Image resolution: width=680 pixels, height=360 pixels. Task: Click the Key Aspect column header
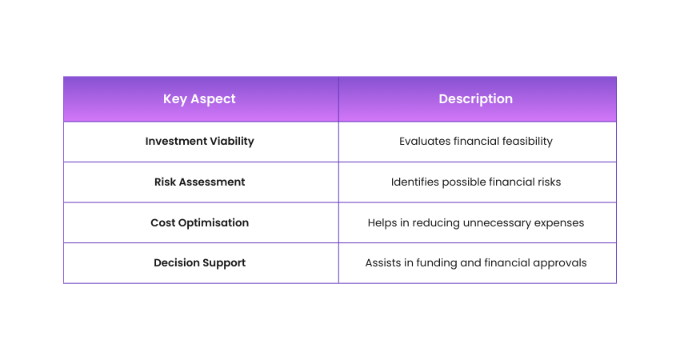199,99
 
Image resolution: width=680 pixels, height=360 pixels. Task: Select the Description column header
476,99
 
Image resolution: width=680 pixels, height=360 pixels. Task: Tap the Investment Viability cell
199,142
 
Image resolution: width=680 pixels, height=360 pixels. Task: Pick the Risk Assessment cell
199,182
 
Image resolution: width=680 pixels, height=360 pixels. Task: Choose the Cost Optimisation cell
199,223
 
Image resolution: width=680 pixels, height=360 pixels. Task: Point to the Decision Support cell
199,263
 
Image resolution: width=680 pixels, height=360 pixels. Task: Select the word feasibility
527,142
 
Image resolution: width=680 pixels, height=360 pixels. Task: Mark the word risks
549,182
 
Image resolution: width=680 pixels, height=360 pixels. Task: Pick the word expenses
559,223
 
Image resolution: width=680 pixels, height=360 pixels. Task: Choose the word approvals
560,263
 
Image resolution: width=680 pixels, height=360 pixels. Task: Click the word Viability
232,142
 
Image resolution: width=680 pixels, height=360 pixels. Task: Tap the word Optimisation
214,223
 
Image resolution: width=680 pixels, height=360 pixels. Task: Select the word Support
224,263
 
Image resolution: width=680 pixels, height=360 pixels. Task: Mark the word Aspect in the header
213,100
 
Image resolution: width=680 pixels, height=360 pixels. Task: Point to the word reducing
436,223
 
